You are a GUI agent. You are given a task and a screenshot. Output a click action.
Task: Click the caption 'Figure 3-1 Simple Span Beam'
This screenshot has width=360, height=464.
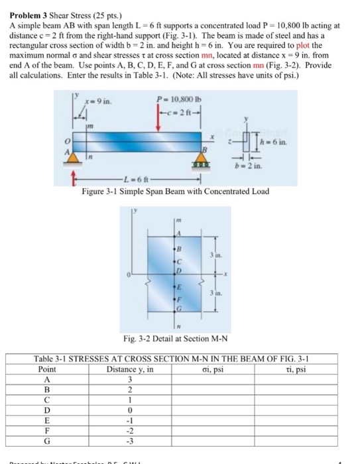(x=174, y=190)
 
